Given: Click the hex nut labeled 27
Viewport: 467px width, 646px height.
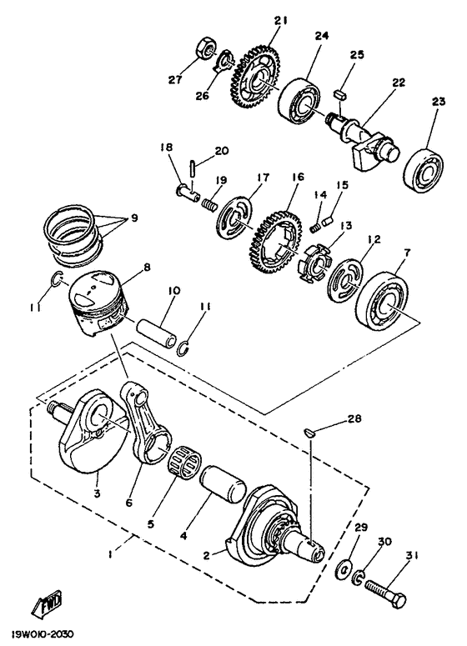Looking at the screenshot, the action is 205,49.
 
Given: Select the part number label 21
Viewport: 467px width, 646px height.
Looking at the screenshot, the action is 283,20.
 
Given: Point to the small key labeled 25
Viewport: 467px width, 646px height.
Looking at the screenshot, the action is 339,93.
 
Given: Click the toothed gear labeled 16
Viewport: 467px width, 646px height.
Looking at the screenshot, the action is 275,243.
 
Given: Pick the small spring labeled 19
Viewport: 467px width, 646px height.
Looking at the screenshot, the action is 209,204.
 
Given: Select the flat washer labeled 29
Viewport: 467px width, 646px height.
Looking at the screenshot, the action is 345,570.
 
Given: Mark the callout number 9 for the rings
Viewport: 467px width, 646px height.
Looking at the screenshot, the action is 135,218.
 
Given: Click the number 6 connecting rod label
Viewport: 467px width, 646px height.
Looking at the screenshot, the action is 129,503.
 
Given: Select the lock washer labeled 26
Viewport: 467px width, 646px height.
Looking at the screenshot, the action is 225,61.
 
